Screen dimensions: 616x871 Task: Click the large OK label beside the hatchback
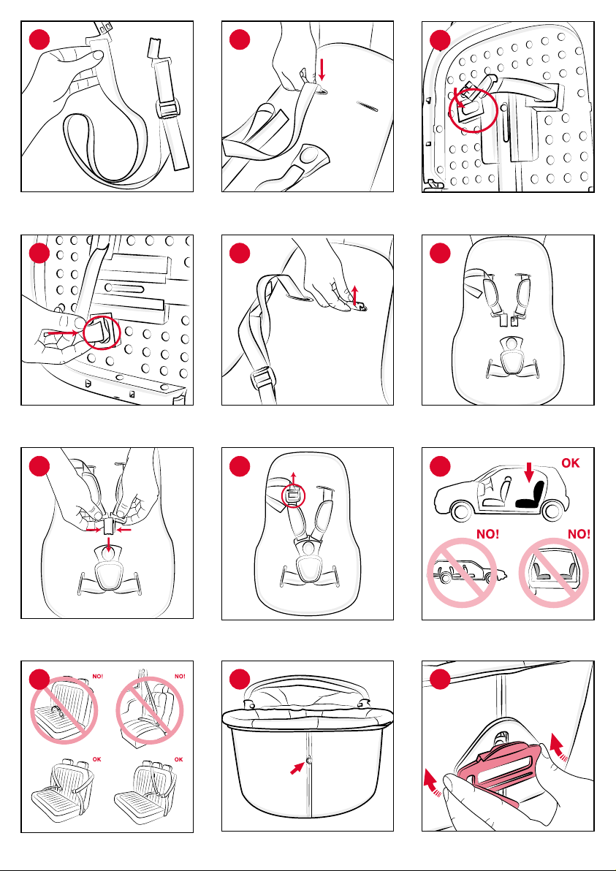571,462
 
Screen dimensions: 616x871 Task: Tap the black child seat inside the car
531,496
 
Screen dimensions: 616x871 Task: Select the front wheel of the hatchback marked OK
460,511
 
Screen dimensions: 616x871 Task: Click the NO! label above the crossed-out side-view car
490,534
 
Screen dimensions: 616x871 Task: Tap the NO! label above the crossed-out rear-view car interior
578,534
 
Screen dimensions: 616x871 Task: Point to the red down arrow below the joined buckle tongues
109,546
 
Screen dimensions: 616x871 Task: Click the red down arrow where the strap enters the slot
322,70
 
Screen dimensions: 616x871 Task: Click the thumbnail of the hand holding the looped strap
98,54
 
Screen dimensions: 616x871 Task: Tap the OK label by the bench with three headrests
180,758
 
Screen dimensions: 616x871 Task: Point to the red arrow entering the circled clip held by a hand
64,334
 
